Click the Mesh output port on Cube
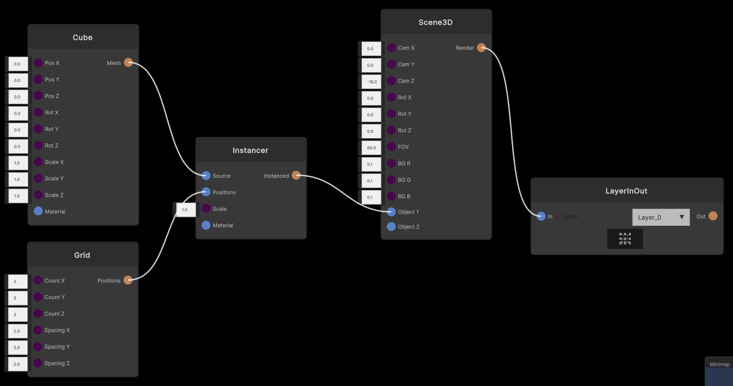pos(128,63)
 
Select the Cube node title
pos(82,37)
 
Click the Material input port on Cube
pos(38,211)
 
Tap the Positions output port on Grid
pos(128,280)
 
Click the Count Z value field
pos(18,314)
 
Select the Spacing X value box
pos(18,331)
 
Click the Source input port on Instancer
pos(206,176)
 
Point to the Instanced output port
pos(296,175)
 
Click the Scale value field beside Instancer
pos(186,210)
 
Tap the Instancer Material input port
pos(206,225)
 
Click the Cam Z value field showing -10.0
pos(371,81)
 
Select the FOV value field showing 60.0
pos(371,148)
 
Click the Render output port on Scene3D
pos(481,48)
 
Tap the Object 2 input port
pos(391,227)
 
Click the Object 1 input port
pos(391,212)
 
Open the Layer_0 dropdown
pos(661,217)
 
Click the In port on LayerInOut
pos(541,216)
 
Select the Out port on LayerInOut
pos(713,216)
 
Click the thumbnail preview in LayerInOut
pos(625,239)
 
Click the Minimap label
pos(719,364)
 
